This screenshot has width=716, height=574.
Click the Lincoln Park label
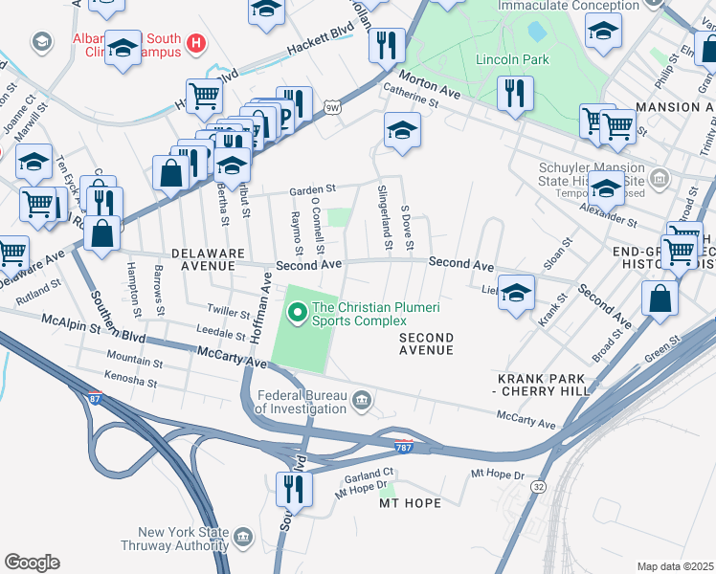512,59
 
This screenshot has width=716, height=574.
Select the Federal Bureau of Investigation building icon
362,399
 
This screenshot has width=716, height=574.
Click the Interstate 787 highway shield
404,447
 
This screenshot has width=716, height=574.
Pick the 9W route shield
331,107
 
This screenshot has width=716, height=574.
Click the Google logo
32,562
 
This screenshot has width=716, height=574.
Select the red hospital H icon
196,42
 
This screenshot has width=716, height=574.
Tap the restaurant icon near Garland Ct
294,489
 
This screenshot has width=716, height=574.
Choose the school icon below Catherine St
402,130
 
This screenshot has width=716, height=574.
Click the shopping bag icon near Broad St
660,298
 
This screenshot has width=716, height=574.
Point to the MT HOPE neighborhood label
411,503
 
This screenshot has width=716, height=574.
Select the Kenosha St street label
132,381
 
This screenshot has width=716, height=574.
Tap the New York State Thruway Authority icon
243,536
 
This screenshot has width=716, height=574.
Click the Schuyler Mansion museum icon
659,178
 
